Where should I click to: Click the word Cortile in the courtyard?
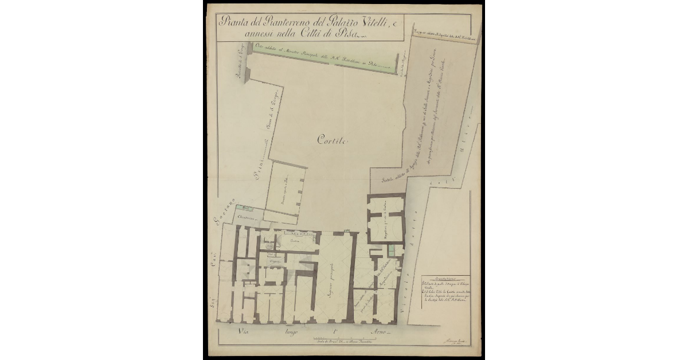pos(332,141)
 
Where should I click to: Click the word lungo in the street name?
pos(286,332)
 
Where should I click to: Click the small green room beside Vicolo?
pos(392,251)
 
